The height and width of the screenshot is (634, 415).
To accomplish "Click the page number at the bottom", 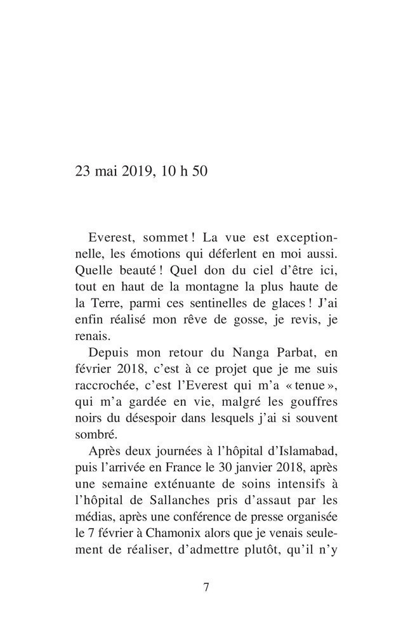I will tap(206, 586).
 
